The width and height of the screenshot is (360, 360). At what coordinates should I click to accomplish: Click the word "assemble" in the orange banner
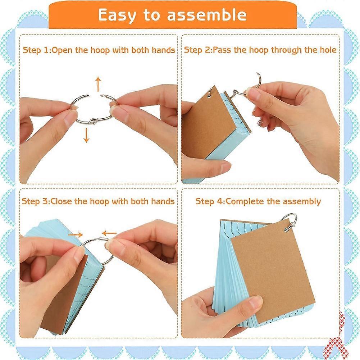pos(207,15)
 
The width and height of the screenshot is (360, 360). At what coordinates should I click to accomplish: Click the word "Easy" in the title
pos(117,15)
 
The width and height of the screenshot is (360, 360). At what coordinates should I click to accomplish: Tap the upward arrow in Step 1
pos(98,84)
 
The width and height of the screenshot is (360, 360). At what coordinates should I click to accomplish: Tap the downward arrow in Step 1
pos(86,135)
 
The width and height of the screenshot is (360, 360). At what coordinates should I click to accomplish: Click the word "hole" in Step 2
pos(328,50)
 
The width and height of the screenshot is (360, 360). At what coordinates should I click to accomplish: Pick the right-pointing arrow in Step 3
pos(75,234)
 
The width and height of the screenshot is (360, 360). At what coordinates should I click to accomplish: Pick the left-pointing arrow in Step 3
pos(109,234)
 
